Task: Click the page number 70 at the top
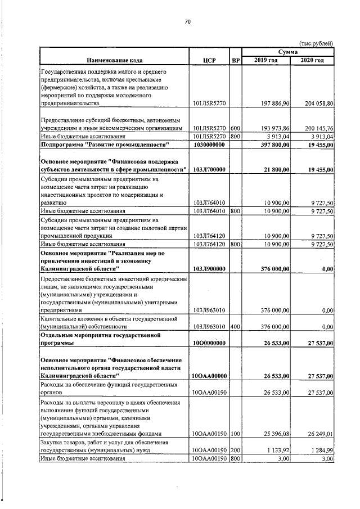point(188,21)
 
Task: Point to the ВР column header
point(236,60)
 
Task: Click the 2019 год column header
point(266,60)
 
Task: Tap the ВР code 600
point(235,128)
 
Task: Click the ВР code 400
point(235,326)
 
